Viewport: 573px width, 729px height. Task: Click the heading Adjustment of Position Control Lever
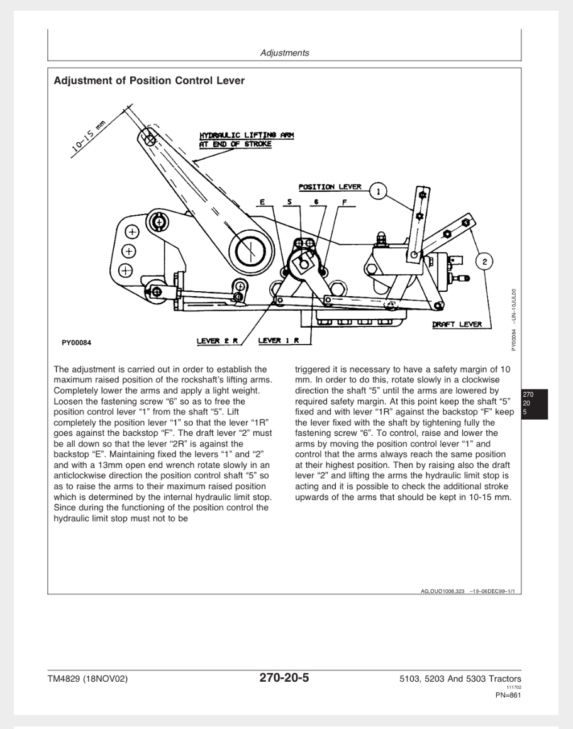coord(149,81)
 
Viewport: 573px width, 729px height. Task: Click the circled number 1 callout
coord(377,191)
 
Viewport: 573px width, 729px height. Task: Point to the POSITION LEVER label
coord(330,187)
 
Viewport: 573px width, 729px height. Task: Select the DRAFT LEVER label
coord(457,325)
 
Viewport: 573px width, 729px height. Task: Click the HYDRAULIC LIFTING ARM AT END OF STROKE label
coord(246,139)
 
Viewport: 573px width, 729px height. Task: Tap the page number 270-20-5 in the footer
coord(284,678)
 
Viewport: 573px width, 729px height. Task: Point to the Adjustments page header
coord(284,53)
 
